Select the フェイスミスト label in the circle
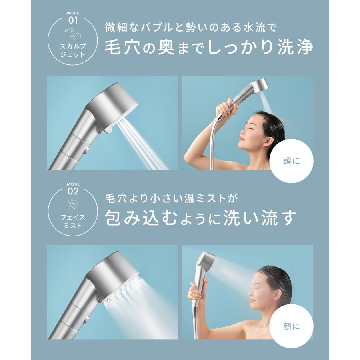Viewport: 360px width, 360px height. click(x=72, y=220)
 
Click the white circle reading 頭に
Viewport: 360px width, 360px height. click(x=291, y=162)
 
